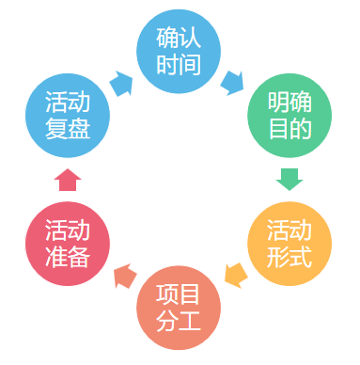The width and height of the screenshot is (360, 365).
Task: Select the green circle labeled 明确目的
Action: (x=289, y=115)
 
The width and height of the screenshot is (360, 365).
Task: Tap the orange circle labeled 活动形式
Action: (x=290, y=244)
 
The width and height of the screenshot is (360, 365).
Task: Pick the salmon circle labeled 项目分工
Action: (x=179, y=306)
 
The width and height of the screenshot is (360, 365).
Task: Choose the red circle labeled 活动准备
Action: (x=68, y=244)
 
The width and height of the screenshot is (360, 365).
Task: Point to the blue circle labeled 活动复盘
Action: (x=68, y=115)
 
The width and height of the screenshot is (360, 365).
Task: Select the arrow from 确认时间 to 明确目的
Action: (x=232, y=82)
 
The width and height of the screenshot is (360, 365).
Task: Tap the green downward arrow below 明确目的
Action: (x=290, y=178)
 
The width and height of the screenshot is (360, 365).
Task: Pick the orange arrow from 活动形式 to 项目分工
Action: (x=235, y=276)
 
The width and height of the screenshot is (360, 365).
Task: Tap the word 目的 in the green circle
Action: (x=289, y=128)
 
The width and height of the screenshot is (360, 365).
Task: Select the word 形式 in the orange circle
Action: (x=290, y=257)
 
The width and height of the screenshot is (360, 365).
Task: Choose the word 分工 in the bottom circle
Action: (x=179, y=320)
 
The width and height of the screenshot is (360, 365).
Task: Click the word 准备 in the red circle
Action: (x=68, y=257)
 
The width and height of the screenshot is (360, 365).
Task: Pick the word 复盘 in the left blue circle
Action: (x=68, y=128)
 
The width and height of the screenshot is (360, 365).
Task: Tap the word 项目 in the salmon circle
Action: (x=179, y=293)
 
